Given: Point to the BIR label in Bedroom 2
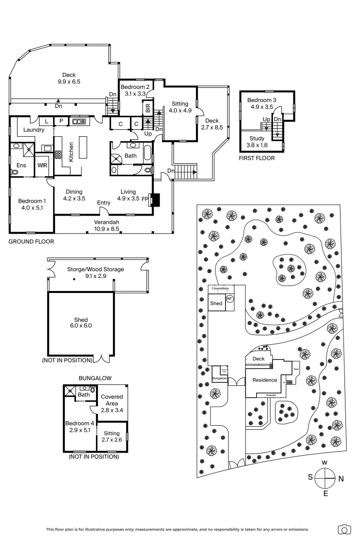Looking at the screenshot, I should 148,107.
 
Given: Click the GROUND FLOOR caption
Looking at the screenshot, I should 31,241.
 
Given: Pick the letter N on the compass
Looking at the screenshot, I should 341,479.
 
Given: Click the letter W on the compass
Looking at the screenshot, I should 324,462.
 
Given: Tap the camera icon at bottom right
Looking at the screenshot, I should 344,529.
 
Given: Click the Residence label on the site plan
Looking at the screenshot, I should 264,380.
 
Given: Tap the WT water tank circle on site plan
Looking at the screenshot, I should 230,298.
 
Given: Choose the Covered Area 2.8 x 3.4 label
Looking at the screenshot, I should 112,403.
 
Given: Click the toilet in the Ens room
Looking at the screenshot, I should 14,171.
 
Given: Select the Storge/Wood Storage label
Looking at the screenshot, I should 95,272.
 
